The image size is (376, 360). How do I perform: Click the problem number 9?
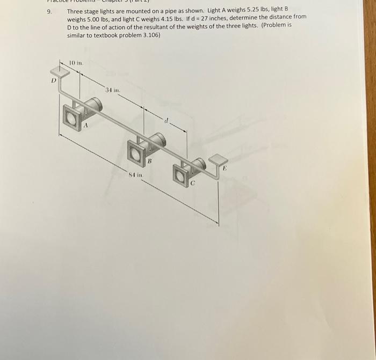tap(49, 11)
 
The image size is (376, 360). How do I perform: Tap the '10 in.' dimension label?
tap(76, 63)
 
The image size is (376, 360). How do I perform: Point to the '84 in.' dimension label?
tap(135, 175)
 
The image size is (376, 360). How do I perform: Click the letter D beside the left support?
tap(53, 81)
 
